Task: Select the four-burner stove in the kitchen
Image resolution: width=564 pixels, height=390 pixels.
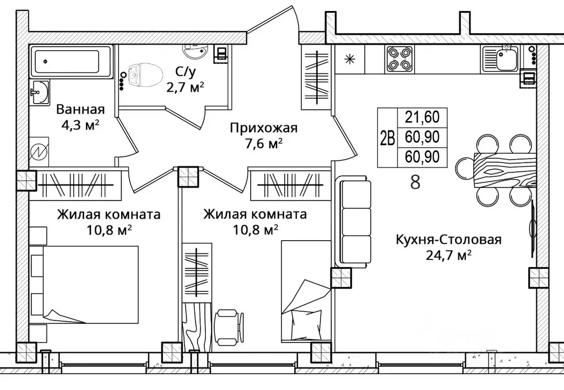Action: (x=399, y=59)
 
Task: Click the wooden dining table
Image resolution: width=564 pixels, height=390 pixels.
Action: (x=505, y=170)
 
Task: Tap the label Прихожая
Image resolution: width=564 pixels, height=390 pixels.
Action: (x=264, y=128)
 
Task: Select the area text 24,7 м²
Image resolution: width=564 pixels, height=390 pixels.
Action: (x=448, y=255)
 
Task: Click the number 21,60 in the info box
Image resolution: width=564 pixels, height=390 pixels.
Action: (x=422, y=117)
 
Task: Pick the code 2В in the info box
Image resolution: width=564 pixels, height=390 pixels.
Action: (x=387, y=137)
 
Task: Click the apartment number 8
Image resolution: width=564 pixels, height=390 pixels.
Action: (x=415, y=182)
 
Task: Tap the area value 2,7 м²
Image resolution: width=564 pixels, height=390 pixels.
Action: (x=185, y=88)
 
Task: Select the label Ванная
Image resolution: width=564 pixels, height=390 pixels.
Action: (x=80, y=109)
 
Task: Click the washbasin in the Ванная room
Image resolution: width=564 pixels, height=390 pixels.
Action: (x=39, y=93)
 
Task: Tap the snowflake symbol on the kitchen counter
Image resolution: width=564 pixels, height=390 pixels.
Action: (x=349, y=59)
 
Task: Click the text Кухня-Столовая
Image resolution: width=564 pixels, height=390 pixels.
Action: (x=448, y=239)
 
